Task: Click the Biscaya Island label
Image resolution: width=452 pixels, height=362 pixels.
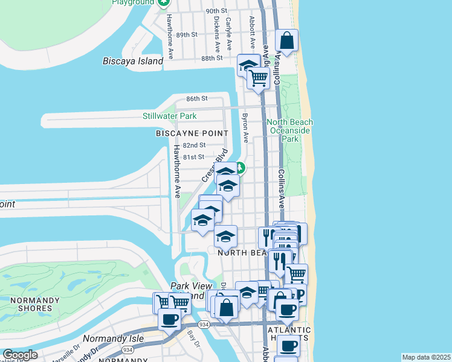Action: [133, 61]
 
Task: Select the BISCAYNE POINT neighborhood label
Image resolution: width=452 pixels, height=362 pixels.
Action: [192, 133]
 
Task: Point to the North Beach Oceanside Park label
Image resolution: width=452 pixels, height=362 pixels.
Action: [290, 130]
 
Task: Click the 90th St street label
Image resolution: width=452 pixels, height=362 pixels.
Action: [216, 11]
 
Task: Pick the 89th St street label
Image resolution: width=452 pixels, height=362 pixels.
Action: [186, 35]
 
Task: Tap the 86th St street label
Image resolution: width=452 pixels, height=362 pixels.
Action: [196, 98]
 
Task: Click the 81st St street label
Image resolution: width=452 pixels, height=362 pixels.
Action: [194, 157]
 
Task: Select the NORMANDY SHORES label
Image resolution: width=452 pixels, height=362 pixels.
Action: [30, 304]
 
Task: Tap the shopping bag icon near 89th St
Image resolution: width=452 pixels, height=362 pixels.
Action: [287, 42]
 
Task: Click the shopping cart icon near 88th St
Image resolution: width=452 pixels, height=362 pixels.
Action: [258, 78]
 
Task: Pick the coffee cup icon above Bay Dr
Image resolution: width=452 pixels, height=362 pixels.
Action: [169, 319]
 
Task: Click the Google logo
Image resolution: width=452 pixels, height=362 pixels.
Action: [20, 355]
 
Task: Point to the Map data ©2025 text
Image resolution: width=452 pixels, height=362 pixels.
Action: [426, 357]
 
